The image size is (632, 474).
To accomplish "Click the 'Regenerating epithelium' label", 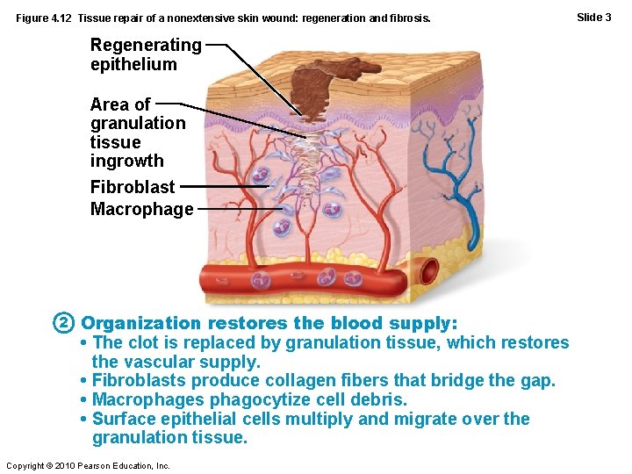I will pos(146,54).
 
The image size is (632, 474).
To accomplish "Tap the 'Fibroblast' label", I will pos(133,186).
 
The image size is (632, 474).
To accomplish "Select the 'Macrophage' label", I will pos(141,209).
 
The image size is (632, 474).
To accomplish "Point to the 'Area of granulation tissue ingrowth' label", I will pos(138,133).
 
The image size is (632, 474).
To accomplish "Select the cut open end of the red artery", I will pos(429,273).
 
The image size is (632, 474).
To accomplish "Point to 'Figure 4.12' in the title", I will pos(43,18).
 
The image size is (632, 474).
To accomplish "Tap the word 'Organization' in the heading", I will pos(140,323).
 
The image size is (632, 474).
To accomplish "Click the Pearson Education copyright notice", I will pos(88,465).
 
